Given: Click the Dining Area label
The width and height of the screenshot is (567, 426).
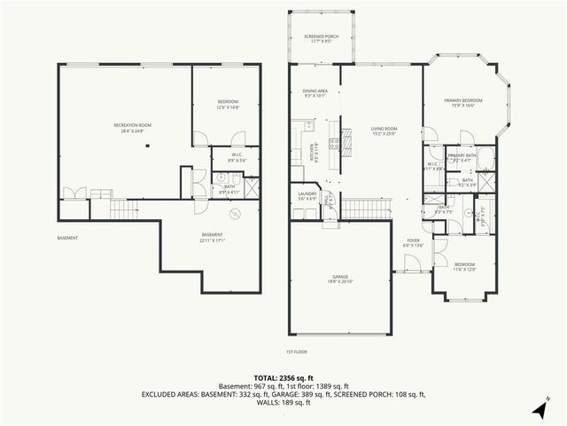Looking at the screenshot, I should coord(315,92).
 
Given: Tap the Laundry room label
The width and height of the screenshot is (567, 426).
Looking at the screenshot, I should coord(307,195).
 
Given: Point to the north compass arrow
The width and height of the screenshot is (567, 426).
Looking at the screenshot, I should coord(539,409).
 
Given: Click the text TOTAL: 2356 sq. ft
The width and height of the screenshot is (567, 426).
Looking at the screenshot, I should coord(283,376).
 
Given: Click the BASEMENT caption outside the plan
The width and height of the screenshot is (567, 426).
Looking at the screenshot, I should coord(68,238).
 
